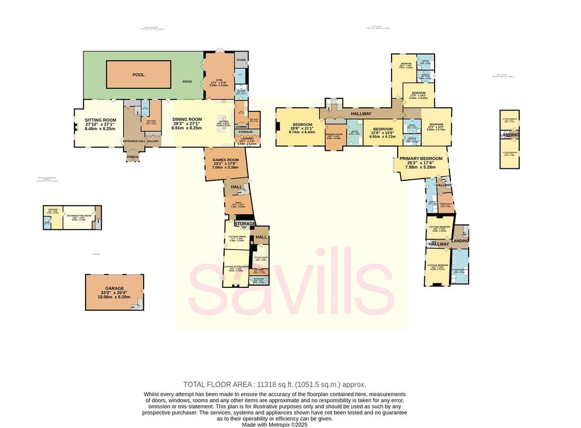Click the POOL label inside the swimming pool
tap(138, 74)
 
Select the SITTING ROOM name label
tap(100, 120)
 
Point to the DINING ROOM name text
tap(187, 120)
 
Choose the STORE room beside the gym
tap(241, 60)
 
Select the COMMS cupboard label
tap(241, 127)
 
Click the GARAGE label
tap(114, 289)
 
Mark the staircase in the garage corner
tap(139, 304)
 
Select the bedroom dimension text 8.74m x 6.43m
tap(302, 132)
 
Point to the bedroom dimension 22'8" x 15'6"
tap(382, 133)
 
